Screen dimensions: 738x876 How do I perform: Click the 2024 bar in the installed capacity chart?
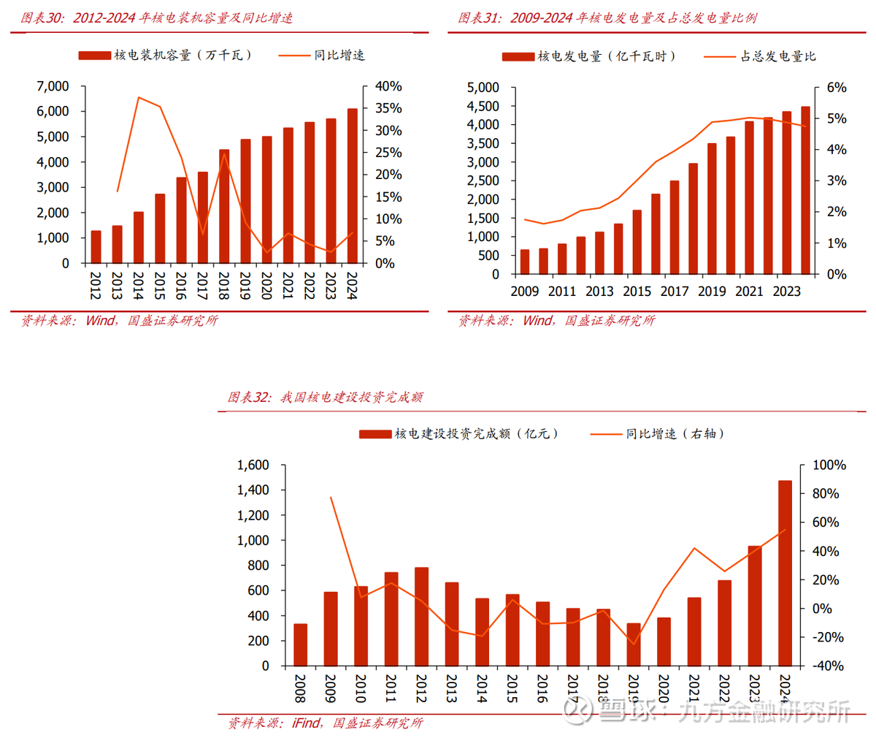click(x=353, y=186)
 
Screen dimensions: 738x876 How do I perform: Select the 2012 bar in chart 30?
click(x=96, y=246)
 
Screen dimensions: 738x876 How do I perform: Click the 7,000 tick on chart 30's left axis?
click(x=53, y=86)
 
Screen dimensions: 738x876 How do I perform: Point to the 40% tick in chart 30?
click(x=388, y=86)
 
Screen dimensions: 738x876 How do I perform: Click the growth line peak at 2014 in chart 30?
click(x=138, y=97)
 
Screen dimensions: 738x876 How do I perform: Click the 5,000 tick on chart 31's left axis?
click(x=483, y=88)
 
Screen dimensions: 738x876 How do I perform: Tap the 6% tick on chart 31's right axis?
click(x=837, y=88)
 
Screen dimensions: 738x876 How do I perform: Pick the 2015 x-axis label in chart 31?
click(x=637, y=292)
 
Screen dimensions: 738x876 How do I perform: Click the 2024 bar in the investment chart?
click(x=785, y=573)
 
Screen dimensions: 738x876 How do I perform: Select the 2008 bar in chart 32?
click(x=300, y=644)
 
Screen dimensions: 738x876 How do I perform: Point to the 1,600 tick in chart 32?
click(x=253, y=465)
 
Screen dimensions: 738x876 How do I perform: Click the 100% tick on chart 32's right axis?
click(x=829, y=465)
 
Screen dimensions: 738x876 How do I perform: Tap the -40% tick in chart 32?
click(x=828, y=666)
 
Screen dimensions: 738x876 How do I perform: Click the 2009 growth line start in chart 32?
click(x=331, y=498)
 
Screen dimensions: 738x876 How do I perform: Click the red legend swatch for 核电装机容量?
click(x=94, y=56)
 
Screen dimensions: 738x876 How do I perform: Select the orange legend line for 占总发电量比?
click(x=720, y=56)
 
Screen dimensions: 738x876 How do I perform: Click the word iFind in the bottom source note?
click(x=306, y=723)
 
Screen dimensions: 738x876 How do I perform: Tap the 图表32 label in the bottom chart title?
click(x=249, y=397)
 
